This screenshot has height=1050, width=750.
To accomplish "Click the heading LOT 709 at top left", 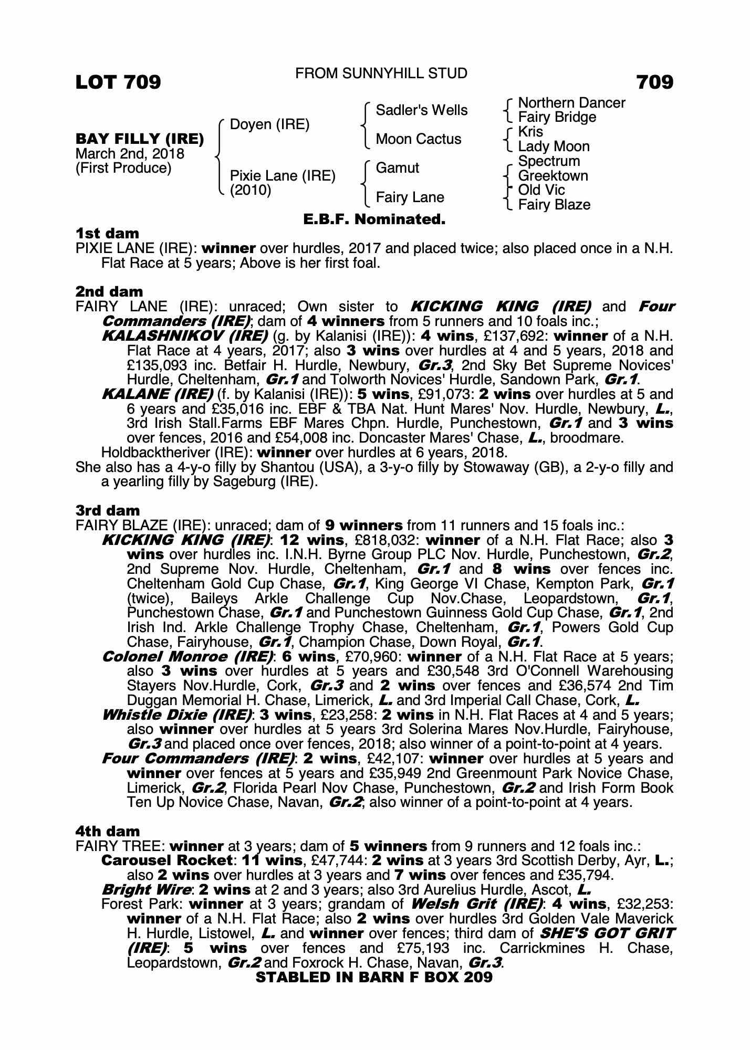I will (118, 82).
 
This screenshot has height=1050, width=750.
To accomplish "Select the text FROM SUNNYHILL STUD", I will (381, 73).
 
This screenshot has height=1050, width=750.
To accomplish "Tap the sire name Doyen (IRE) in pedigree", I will (270, 124).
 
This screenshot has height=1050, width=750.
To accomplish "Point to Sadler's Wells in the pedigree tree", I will (421, 110).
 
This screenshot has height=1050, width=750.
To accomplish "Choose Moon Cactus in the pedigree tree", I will (418, 139).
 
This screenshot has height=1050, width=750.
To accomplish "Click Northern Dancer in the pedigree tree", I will (571, 103).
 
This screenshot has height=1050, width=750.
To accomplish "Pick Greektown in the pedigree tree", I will (553, 176).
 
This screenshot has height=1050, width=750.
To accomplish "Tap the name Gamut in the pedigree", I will (397, 168).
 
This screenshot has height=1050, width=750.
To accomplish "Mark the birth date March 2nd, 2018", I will (130, 154).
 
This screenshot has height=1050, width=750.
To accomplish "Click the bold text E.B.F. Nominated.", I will (374, 219).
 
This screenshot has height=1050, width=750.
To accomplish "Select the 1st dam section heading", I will (108, 233).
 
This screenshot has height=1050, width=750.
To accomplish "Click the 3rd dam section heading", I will (108, 510).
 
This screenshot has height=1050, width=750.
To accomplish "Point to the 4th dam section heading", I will (108, 831).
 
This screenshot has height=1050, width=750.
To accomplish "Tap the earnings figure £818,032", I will (382, 540).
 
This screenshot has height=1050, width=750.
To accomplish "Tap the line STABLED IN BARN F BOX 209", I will (374, 977).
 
